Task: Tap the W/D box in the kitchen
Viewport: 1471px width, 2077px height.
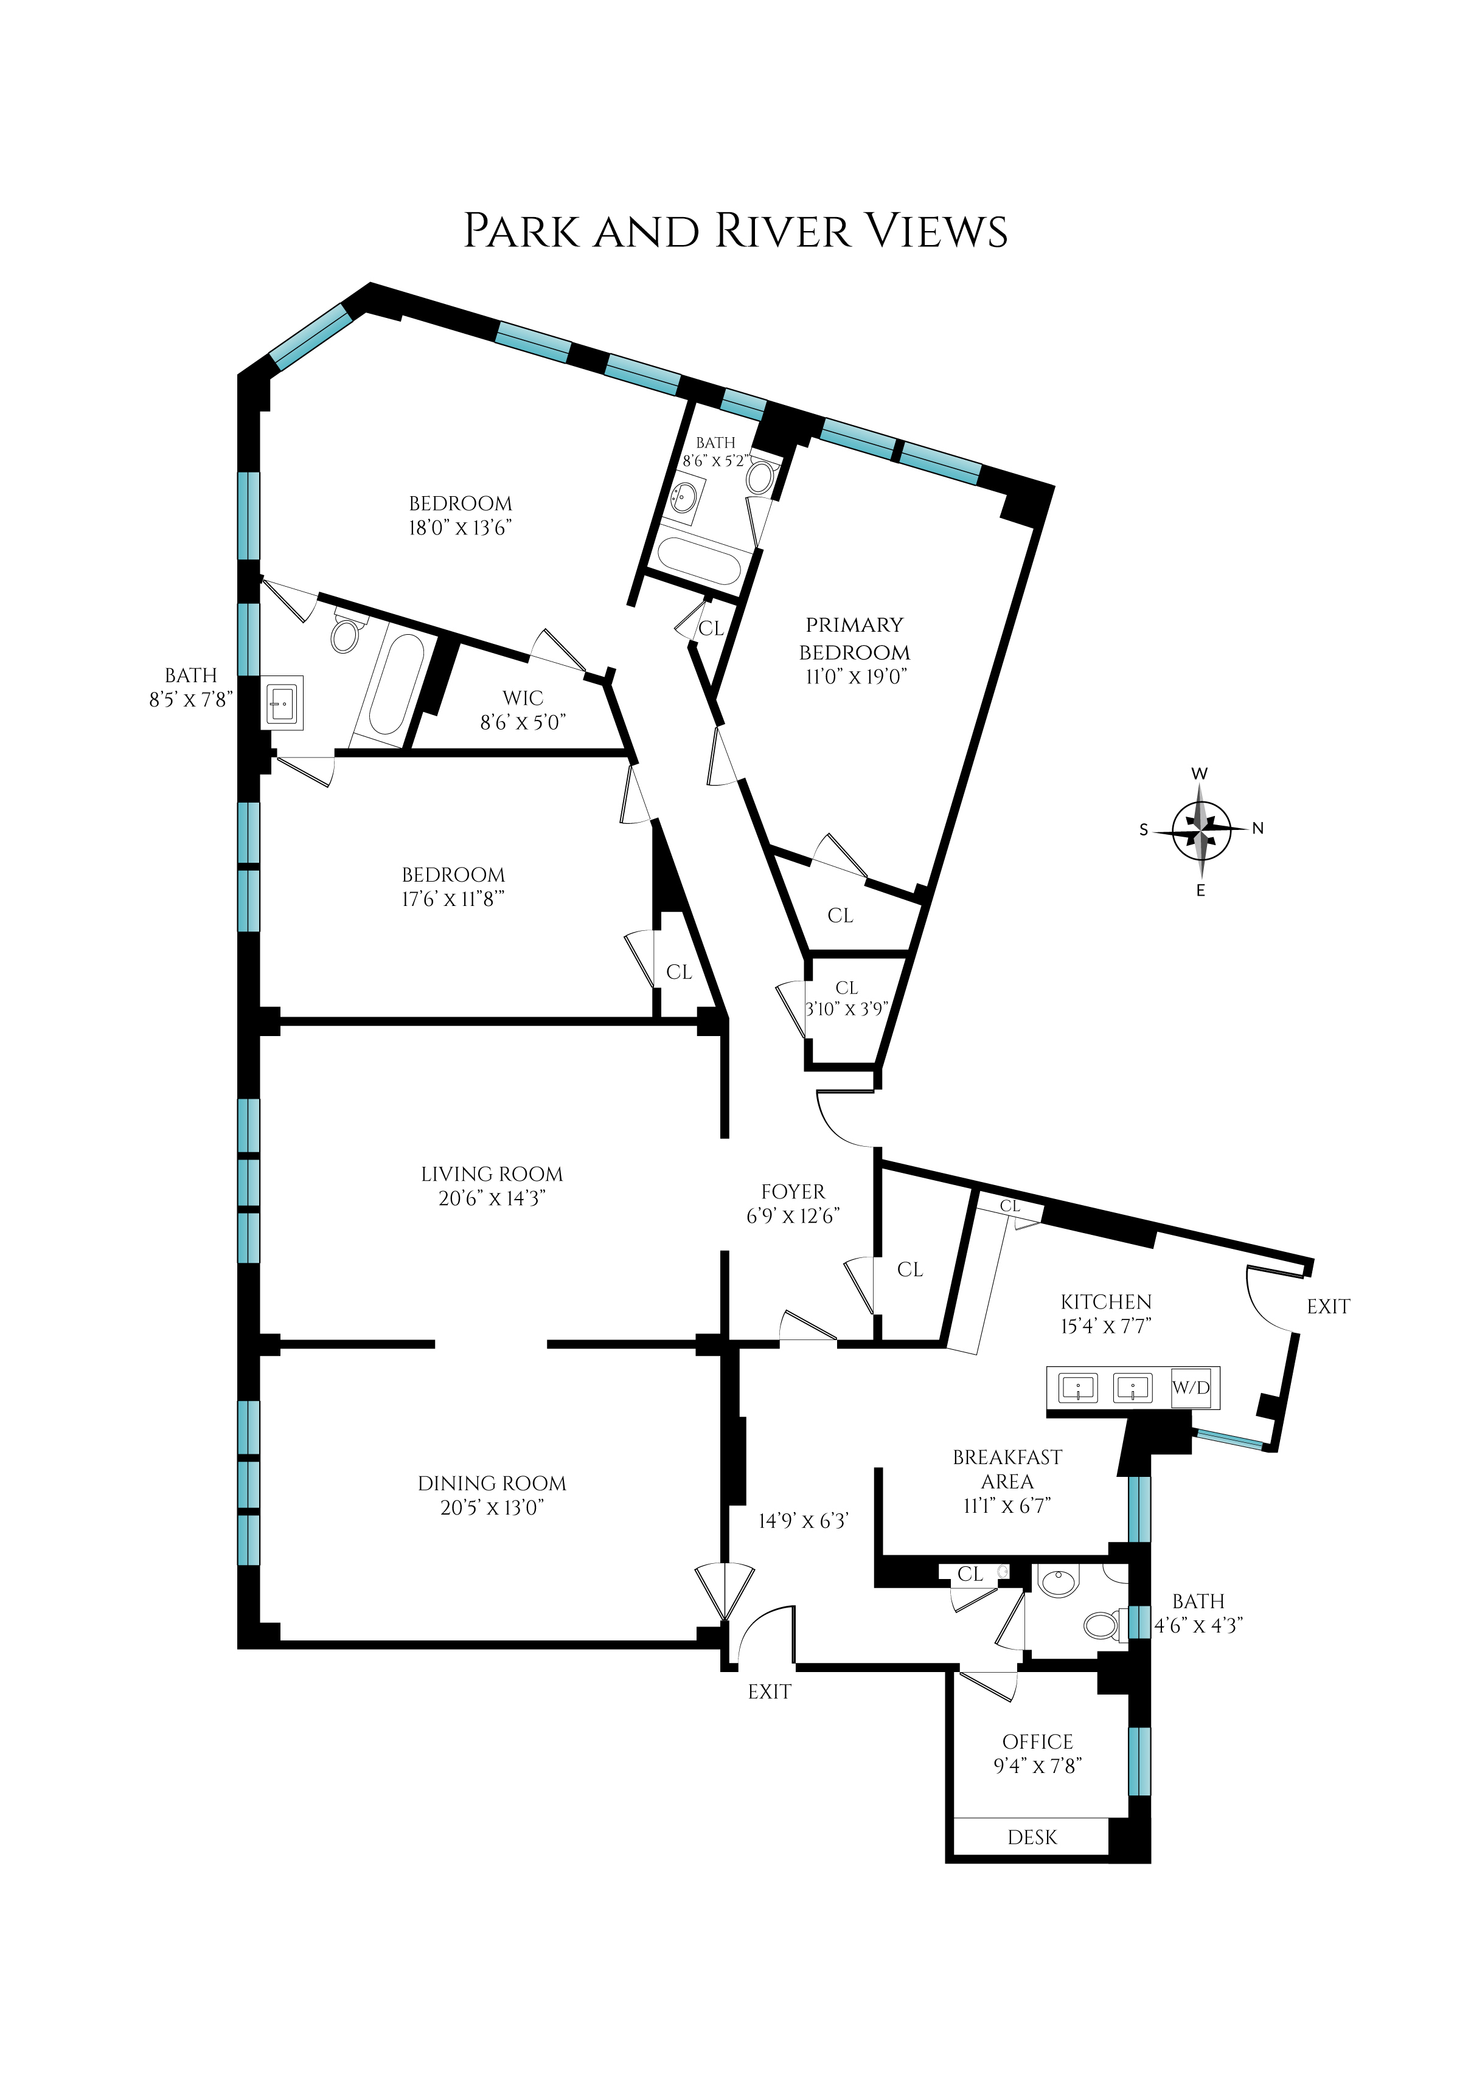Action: tap(1190, 1387)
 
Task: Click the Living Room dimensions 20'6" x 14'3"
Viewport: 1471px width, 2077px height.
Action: tap(492, 1198)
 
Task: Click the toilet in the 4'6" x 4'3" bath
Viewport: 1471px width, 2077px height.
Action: tap(1101, 1625)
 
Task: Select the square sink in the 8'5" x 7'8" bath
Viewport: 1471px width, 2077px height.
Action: tap(283, 702)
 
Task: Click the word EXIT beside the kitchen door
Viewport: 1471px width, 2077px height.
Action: tap(1328, 1307)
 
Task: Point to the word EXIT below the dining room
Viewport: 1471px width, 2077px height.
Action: tap(769, 1692)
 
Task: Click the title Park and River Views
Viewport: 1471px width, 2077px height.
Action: tap(735, 231)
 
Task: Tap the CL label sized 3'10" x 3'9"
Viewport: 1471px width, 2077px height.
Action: tap(847, 988)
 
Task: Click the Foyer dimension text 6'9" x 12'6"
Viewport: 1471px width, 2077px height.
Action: tap(793, 1216)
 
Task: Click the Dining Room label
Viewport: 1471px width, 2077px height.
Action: tap(492, 1483)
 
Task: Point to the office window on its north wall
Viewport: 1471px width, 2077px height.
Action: tap(1139, 1761)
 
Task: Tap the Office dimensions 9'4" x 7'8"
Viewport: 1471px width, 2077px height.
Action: tap(1038, 1766)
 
